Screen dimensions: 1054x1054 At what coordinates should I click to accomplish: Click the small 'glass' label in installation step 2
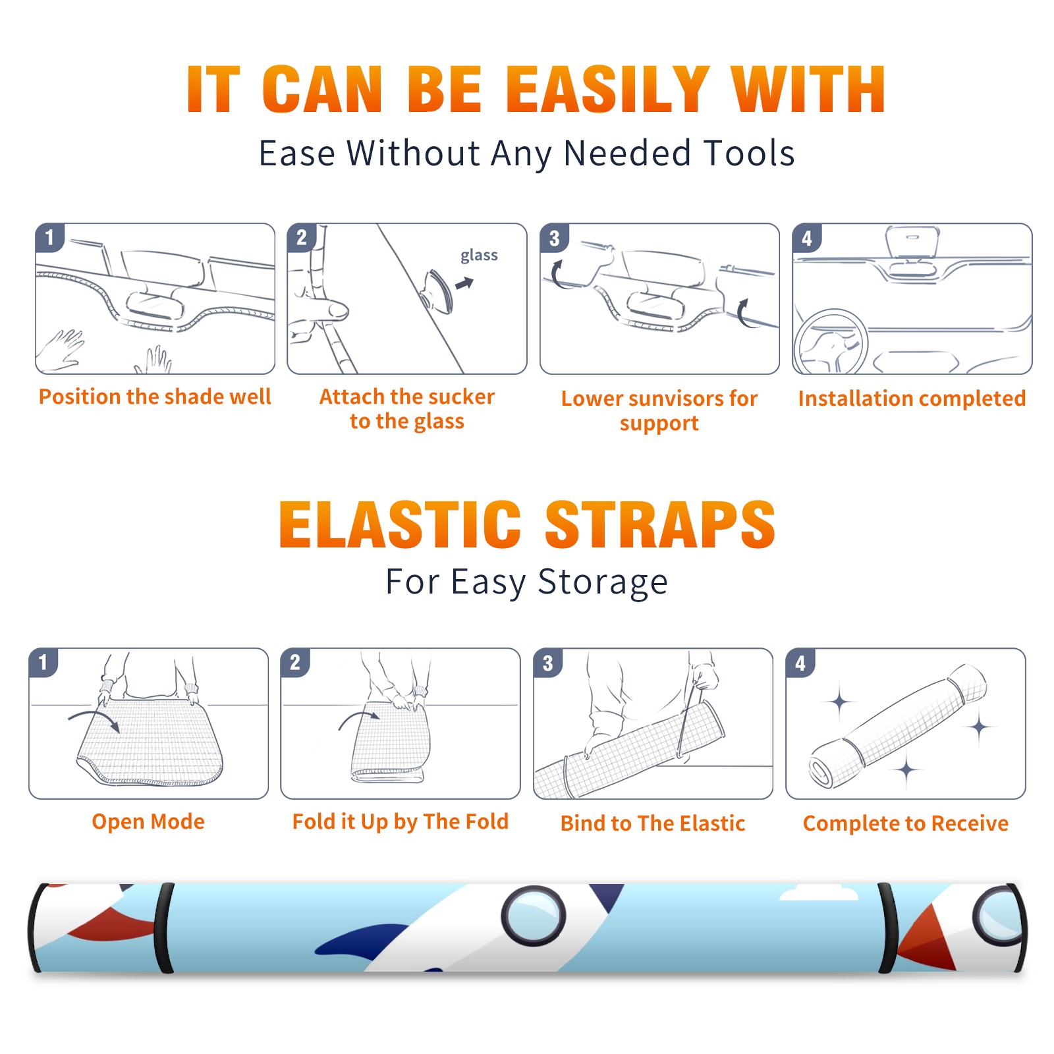pos(479,256)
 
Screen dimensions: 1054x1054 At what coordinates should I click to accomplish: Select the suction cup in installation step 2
pos(439,291)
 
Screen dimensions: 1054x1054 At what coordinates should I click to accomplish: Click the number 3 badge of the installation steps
pos(554,238)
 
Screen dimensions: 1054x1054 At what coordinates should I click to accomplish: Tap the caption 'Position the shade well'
pos(155,397)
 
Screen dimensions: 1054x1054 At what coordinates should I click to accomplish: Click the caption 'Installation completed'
pos(912,398)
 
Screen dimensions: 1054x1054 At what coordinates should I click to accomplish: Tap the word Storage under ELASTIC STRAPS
pos(603,582)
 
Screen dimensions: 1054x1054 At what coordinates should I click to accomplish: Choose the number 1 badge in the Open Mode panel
pos(43,663)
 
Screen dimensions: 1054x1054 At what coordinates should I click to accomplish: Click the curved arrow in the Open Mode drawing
pos(94,716)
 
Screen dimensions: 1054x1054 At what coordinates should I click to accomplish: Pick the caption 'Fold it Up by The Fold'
pos(401,821)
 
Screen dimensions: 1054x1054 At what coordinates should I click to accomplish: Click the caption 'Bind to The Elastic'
pos(653,823)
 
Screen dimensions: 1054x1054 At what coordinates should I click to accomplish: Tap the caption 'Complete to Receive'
pos(906,823)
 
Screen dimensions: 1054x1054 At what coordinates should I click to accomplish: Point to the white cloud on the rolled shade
pos(819,893)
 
